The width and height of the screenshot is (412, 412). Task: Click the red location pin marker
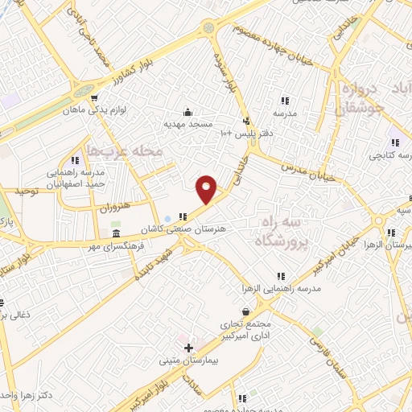[x=207, y=188]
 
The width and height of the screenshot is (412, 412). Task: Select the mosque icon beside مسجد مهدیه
[x=187, y=112]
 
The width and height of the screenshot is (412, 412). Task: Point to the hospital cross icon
[x=188, y=348]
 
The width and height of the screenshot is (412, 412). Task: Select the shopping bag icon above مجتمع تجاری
[x=245, y=311]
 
